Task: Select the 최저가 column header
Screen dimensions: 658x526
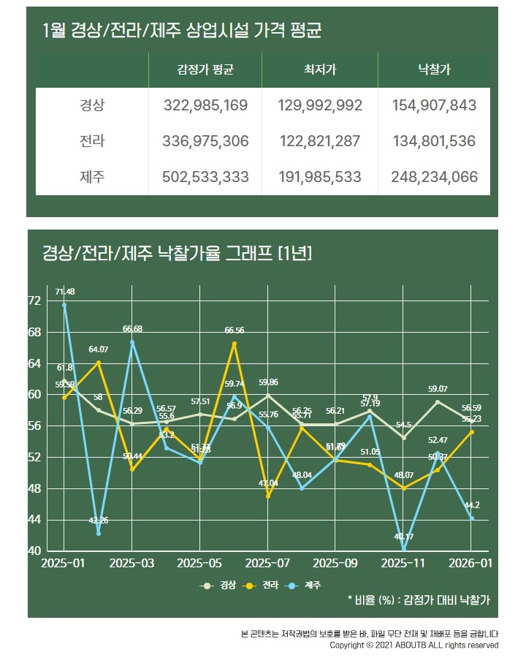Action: [320, 71]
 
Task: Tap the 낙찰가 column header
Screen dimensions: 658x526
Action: [434, 71]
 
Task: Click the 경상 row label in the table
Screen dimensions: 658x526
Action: [92, 105]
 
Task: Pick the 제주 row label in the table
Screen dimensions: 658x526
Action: [92, 177]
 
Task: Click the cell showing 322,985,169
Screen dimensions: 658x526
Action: [207, 105]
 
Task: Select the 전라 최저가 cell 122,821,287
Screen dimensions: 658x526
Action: [320, 141]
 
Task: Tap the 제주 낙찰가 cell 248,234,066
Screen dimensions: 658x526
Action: [434, 177]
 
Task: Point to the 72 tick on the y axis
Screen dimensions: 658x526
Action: [34, 300]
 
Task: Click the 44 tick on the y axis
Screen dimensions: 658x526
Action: [34, 519]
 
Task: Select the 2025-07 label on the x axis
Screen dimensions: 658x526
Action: [267, 564]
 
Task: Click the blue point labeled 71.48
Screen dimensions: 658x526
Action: [64, 305]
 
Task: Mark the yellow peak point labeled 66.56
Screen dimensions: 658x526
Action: [235, 343]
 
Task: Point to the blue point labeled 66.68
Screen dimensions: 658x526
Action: [132, 342]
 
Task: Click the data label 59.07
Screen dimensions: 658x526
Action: [438, 389]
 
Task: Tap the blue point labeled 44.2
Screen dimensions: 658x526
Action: [471, 518]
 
